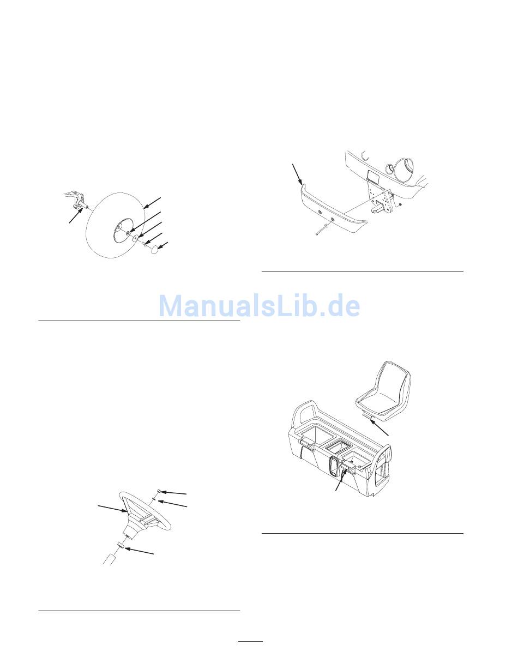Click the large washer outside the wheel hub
[135, 238]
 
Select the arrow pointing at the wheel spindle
[76, 215]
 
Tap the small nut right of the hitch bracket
[400, 205]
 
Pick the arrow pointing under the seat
[380, 427]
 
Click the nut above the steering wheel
[159, 491]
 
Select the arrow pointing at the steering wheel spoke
[112, 509]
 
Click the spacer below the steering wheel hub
[122, 546]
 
